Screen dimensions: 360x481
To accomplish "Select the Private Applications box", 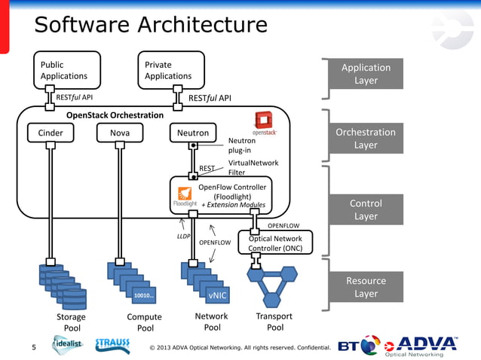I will [x=170, y=69].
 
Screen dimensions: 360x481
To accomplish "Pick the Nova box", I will [x=118, y=133].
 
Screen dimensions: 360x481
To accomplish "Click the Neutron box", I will [x=193, y=133].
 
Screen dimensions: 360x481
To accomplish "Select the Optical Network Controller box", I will [x=275, y=243].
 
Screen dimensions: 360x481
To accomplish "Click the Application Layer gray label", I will [x=366, y=74].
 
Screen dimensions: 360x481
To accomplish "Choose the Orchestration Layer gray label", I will [x=366, y=138].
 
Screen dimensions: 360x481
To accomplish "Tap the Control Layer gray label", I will [x=366, y=209].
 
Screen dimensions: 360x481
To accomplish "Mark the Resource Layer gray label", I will [x=366, y=287].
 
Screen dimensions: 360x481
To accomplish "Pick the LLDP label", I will [x=183, y=236].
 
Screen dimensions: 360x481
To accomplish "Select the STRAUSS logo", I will [x=117, y=344].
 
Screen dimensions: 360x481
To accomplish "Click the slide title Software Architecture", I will [x=151, y=25].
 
